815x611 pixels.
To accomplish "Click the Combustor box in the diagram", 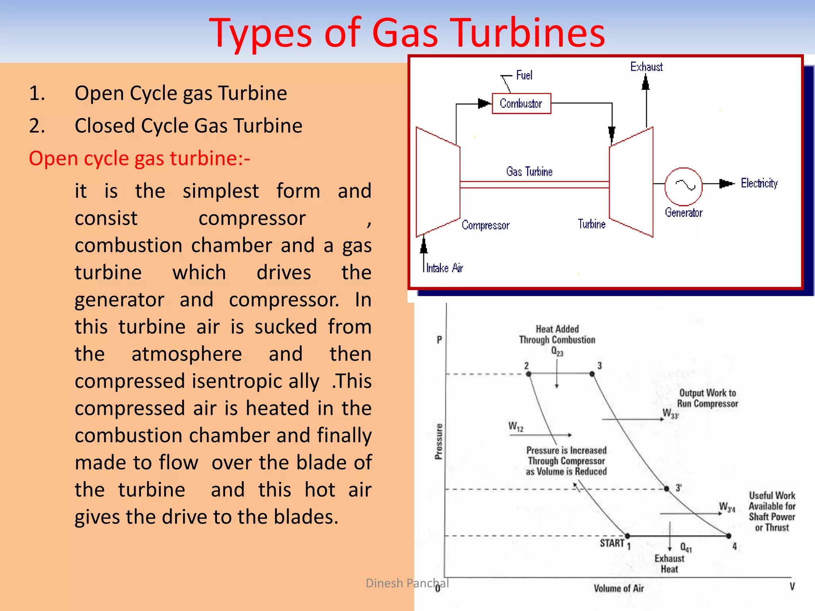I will pyautogui.click(x=521, y=103).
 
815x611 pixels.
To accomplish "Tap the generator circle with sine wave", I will pyautogui.click(x=683, y=186).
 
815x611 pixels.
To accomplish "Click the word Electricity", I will pyautogui.click(x=759, y=183).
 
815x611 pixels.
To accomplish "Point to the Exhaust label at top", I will pyautogui.click(x=646, y=67).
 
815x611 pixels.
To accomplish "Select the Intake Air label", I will pyautogui.click(x=445, y=268).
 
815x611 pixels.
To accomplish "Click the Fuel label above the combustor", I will pyautogui.click(x=524, y=75).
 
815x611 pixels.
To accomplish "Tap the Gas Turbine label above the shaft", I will pyautogui.click(x=529, y=171).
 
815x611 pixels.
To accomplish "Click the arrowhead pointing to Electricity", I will pyautogui.click(x=727, y=183).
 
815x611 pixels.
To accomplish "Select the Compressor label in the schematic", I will pyautogui.click(x=485, y=225).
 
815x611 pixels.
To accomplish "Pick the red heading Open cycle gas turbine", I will pyautogui.click(x=139, y=158).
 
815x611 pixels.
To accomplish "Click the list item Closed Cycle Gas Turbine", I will pyautogui.click(x=188, y=126).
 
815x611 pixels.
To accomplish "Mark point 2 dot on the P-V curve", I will pyautogui.click(x=528, y=374).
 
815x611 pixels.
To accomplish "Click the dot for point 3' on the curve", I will pyautogui.click(x=667, y=488).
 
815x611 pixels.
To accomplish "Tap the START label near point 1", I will pyautogui.click(x=612, y=543).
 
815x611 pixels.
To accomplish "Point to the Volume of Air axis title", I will pyautogui.click(x=618, y=588).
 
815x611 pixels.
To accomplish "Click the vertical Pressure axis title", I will pyautogui.click(x=439, y=442).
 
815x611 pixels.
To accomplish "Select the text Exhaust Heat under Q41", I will pyautogui.click(x=669, y=564).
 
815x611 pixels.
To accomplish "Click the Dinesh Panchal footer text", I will pyautogui.click(x=407, y=583).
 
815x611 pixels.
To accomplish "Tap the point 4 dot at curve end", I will pyautogui.click(x=729, y=536).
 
